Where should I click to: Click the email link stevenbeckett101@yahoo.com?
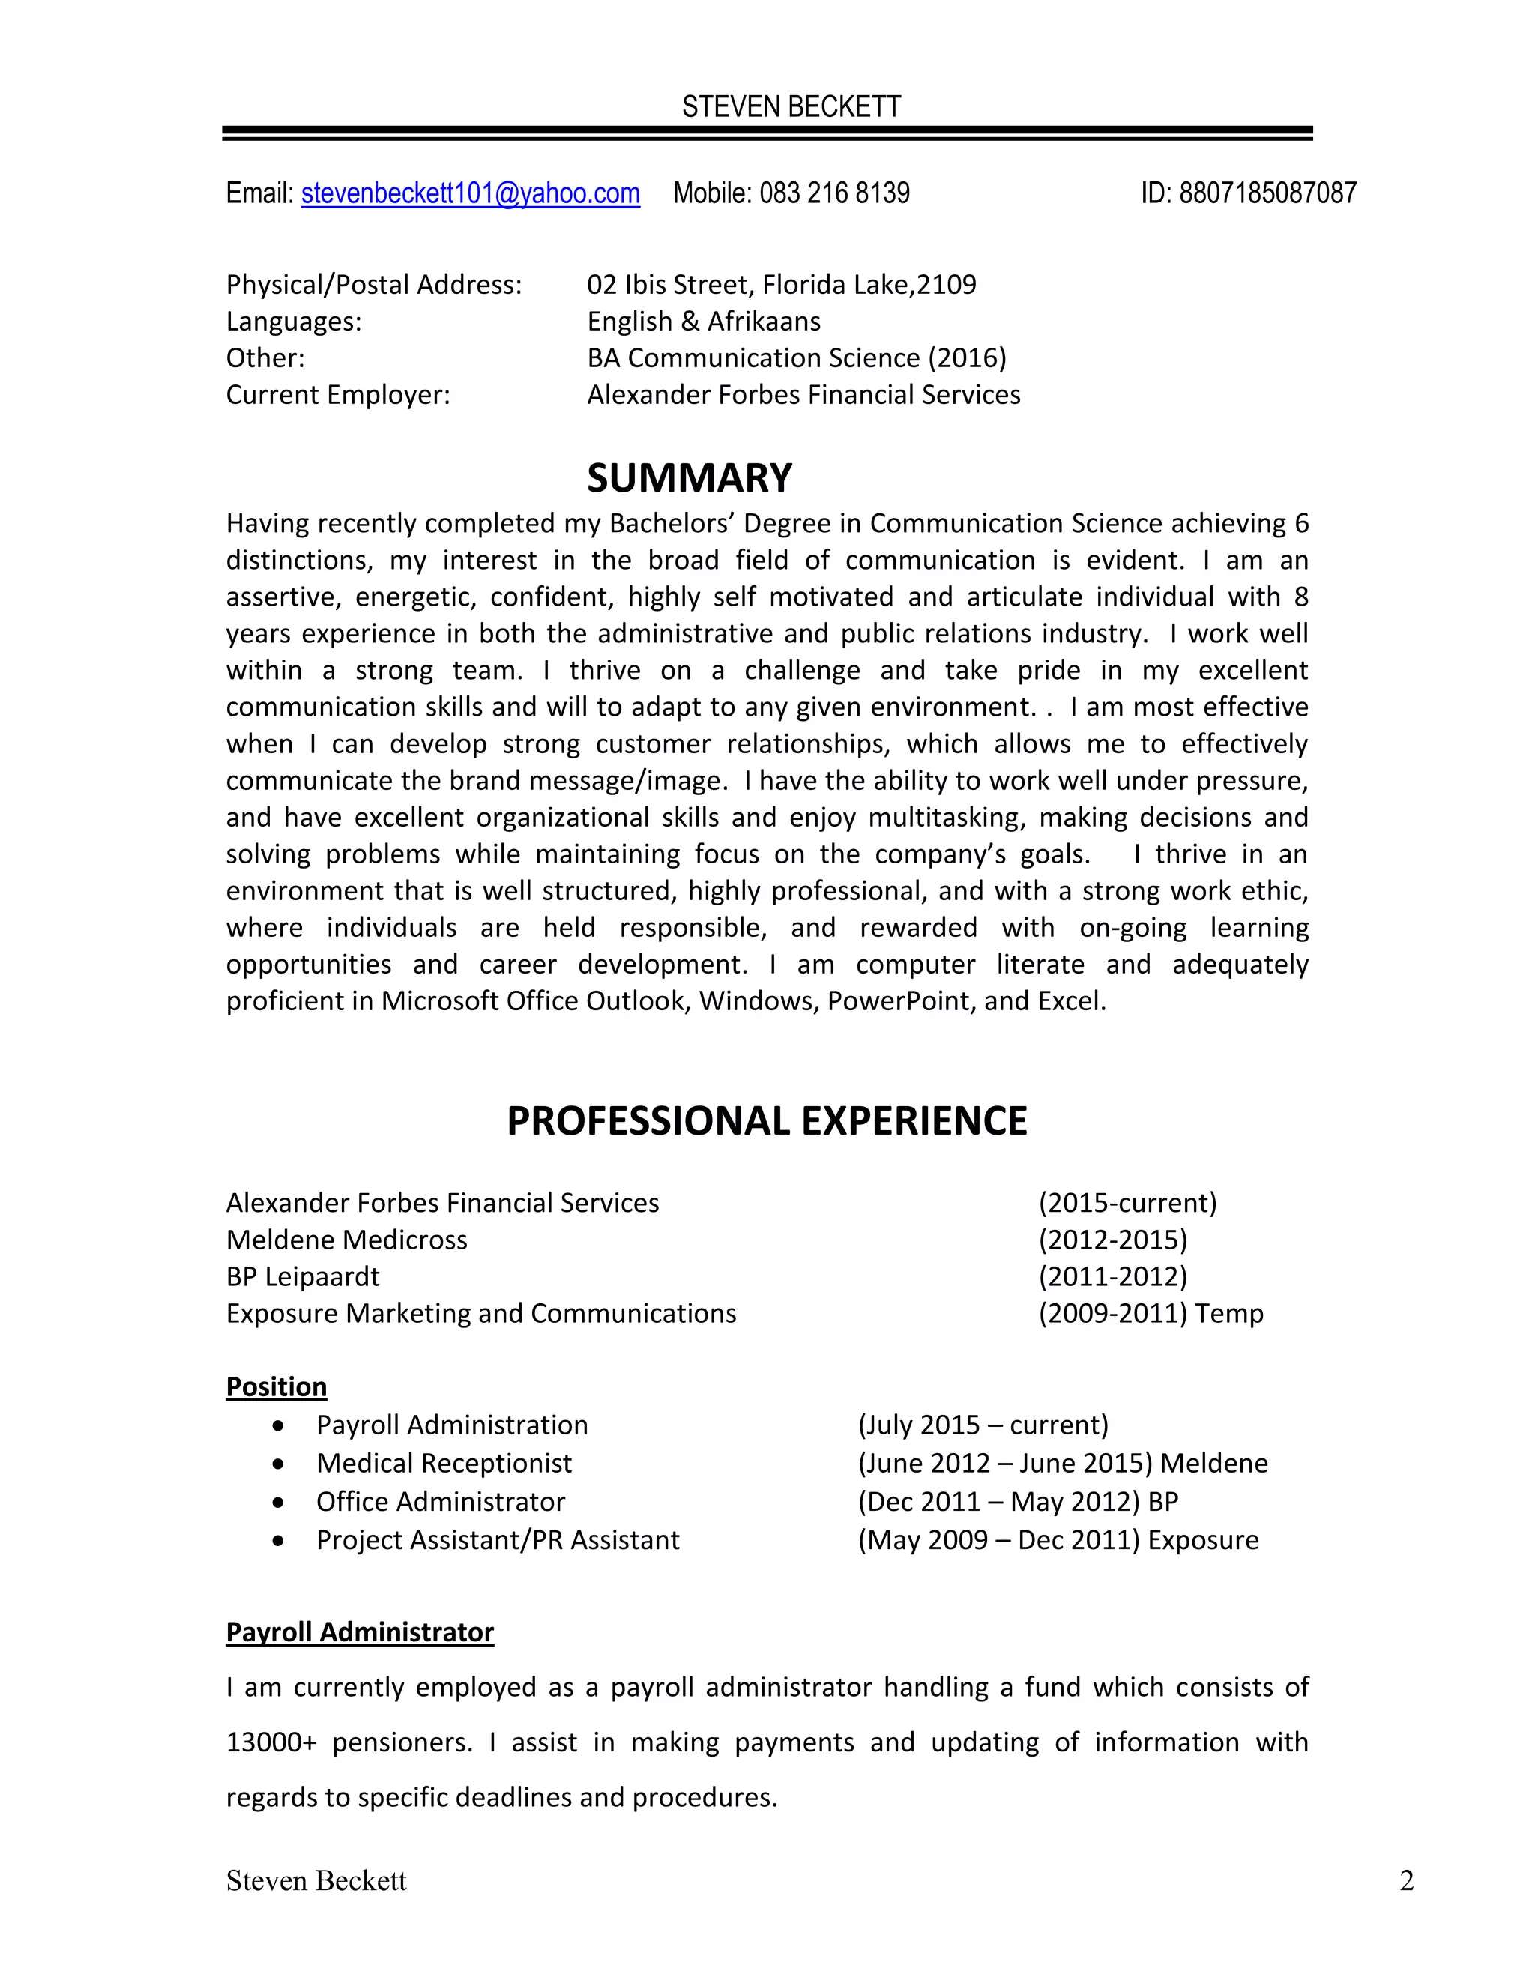(470, 193)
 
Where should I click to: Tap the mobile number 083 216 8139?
(834, 193)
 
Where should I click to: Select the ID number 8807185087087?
(1267, 193)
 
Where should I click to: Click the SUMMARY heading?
(690, 478)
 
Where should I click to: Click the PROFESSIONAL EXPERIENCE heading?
(767, 1121)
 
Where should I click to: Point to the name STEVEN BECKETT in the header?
(791, 107)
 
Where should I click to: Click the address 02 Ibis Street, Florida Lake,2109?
(781, 285)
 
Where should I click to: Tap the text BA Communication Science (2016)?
(797, 358)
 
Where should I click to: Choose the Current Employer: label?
(338, 395)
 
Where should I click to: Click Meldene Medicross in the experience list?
(346, 1240)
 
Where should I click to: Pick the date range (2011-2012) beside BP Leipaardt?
(1112, 1277)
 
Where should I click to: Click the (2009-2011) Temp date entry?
(1151, 1313)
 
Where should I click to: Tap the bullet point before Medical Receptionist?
(278, 1464)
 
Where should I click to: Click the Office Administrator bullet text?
(440, 1501)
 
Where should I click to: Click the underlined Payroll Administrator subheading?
(359, 1632)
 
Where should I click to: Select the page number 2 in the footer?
(1406, 1880)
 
